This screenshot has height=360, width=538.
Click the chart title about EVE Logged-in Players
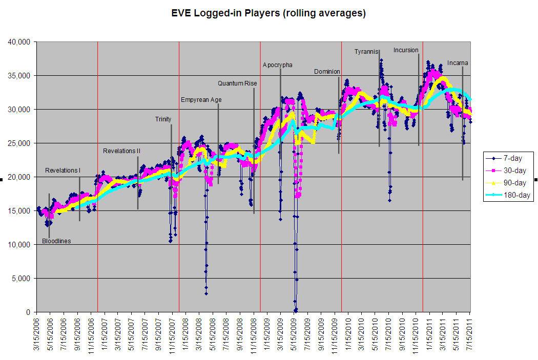coord(268,13)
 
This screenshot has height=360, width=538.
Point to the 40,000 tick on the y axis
coord(20,41)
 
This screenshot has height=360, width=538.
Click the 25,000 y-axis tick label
coord(20,143)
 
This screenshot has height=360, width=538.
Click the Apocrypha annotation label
coord(278,65)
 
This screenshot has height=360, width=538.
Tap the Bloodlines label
coord(56,241)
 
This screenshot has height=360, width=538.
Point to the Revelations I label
coord(63,171)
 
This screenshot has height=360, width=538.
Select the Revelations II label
coord(121,151)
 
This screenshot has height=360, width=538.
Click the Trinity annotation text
coord(163,119)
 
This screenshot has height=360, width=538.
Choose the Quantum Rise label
coord(237,83)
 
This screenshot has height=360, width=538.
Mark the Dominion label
coord(326,72)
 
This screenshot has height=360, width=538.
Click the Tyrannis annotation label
coord(366,52)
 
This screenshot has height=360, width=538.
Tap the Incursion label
coord(406,50)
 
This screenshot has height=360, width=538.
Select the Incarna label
coord(458,63)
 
